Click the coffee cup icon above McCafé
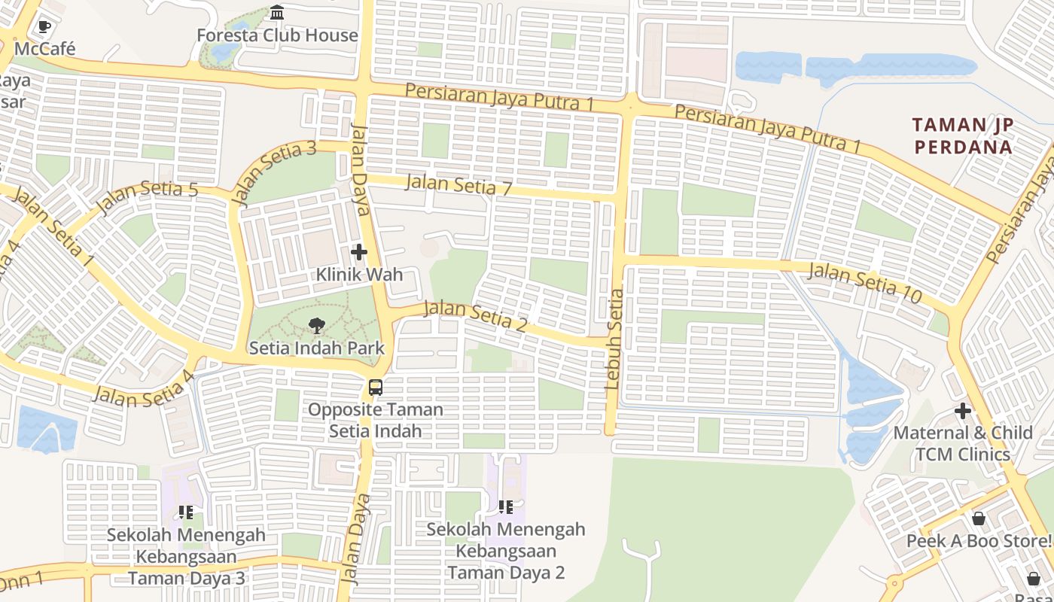[x=44, y=27]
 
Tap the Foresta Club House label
[x=277, y=35]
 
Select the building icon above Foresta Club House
[x=277, y=13]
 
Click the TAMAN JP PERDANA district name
[x=963, y=135]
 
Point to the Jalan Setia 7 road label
[x=458, y=184]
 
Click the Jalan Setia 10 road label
[x=864, y=283]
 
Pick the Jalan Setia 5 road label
[x=148, y=196]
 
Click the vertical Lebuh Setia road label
[x=614, y=339]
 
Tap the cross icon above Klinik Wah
[x=359, y=253]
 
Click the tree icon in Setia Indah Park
[x=317, y=326]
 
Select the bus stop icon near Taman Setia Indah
[x=375, y=388]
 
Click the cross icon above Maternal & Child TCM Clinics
[x=962, y=411]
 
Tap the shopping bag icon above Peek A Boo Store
[x=979, y=518]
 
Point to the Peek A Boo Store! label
[x=979, y=541]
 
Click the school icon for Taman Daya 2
[x=505, y=507]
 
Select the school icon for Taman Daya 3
[x=186, y=512]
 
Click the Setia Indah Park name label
[x=316, y=348]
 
